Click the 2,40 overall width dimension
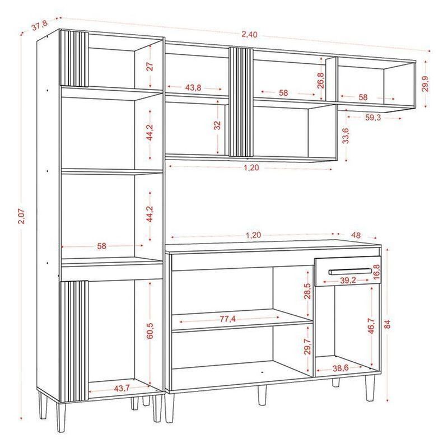point(249,35)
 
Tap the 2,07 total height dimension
point(21,216)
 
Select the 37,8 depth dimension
point(39,27)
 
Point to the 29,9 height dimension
point(426,84)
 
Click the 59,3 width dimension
point(373,118)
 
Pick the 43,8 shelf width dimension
point(193,88)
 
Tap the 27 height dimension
point(150,66)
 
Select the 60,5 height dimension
point(150,330)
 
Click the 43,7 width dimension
point(122,388)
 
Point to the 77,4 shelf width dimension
point(228,319)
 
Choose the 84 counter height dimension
point(387,325)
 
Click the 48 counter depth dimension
point(356,235)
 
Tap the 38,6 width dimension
point(340,368)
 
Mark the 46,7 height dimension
point(371,326)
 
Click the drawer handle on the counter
point(350,271)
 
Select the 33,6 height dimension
point(346,136)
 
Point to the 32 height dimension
point(218,125)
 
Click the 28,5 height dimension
point(307,291)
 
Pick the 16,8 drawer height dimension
point(377,272)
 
